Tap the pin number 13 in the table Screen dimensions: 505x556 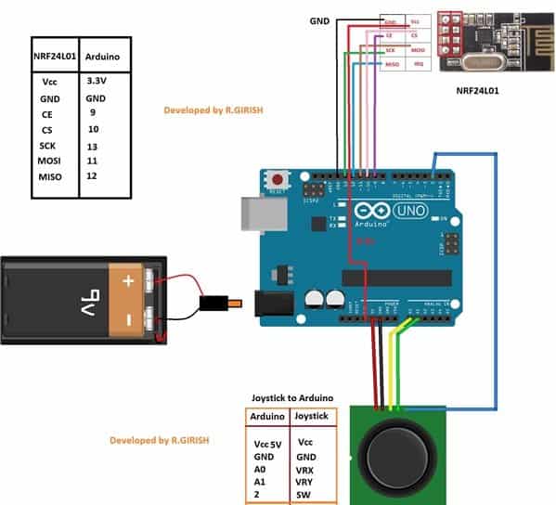click(x=93, y=146)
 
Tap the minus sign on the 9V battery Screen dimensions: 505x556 click(x=126, y=322)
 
